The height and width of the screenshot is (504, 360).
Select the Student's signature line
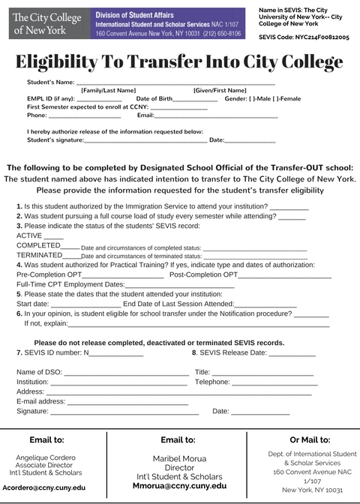[145, 140]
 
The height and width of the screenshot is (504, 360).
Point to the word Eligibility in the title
[65, 61]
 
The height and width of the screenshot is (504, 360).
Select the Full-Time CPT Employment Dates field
[179, 285]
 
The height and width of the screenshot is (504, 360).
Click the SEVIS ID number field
[116, 352]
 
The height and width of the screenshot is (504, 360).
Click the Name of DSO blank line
[127, 373]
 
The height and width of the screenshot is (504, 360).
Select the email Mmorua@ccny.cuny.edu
[179, 486]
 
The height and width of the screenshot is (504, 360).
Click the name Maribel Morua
[179, 458]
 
